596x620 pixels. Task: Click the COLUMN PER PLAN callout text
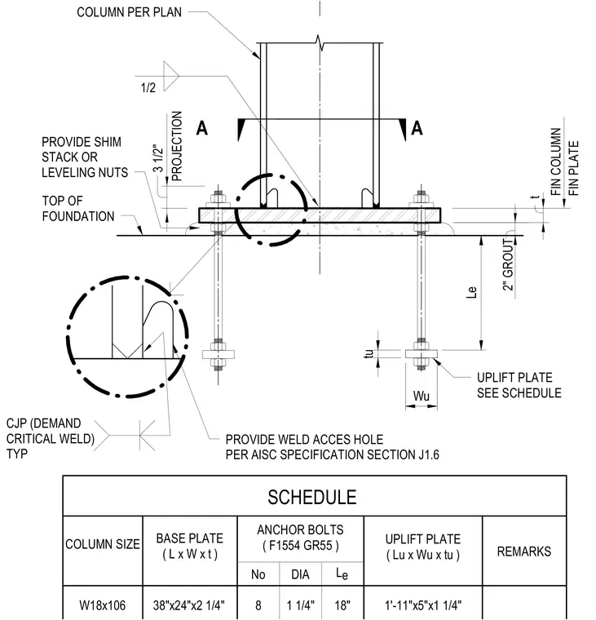click(130, 12)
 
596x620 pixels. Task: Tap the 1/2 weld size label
click(148, 88)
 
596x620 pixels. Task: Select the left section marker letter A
click(202, 129)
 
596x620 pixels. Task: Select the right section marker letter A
click(417, 129)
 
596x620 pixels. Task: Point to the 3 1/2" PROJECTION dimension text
click(168, 146)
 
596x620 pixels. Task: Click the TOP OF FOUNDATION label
click(78, 208)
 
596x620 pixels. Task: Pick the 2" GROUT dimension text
click(508, 264)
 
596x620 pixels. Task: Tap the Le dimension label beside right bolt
click(472, 292)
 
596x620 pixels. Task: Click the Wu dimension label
click(422, 396)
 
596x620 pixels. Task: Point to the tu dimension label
click(369, 353)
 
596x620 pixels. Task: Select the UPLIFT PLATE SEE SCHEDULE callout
click(519, 385)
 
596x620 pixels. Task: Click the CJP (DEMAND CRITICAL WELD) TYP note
click(51, 439)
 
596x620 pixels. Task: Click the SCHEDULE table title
click(312, 497)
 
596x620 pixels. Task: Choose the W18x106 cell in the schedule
click(103, 605)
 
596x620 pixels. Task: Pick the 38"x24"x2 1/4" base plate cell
click(189, 605)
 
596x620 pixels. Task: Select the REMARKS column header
click(524, 551)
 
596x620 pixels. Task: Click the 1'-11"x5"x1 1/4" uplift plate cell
click(423, 605)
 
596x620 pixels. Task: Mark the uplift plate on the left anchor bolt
click(219, 354)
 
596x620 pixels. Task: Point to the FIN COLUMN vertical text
click(556, 162)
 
